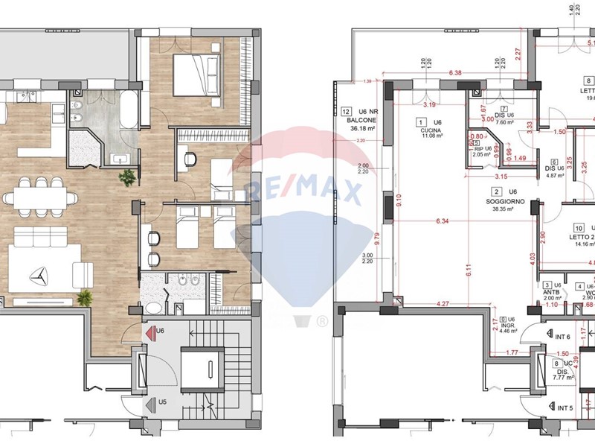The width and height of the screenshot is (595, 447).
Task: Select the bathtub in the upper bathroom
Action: pyautogui.click(x=129, y=112)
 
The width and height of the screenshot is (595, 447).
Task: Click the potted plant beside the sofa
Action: pyautogui.click(x=85, y=297)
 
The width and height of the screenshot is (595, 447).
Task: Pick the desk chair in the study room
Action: pyautogui.click(x=188, y=159)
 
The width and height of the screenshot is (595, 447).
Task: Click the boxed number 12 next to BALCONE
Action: pyautogui.click(x=345, y=112)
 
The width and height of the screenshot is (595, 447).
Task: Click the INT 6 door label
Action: pyautogui.click(x=567, y=337)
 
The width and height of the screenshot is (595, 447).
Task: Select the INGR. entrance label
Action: pyautogui.click(x=507, y=326)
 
